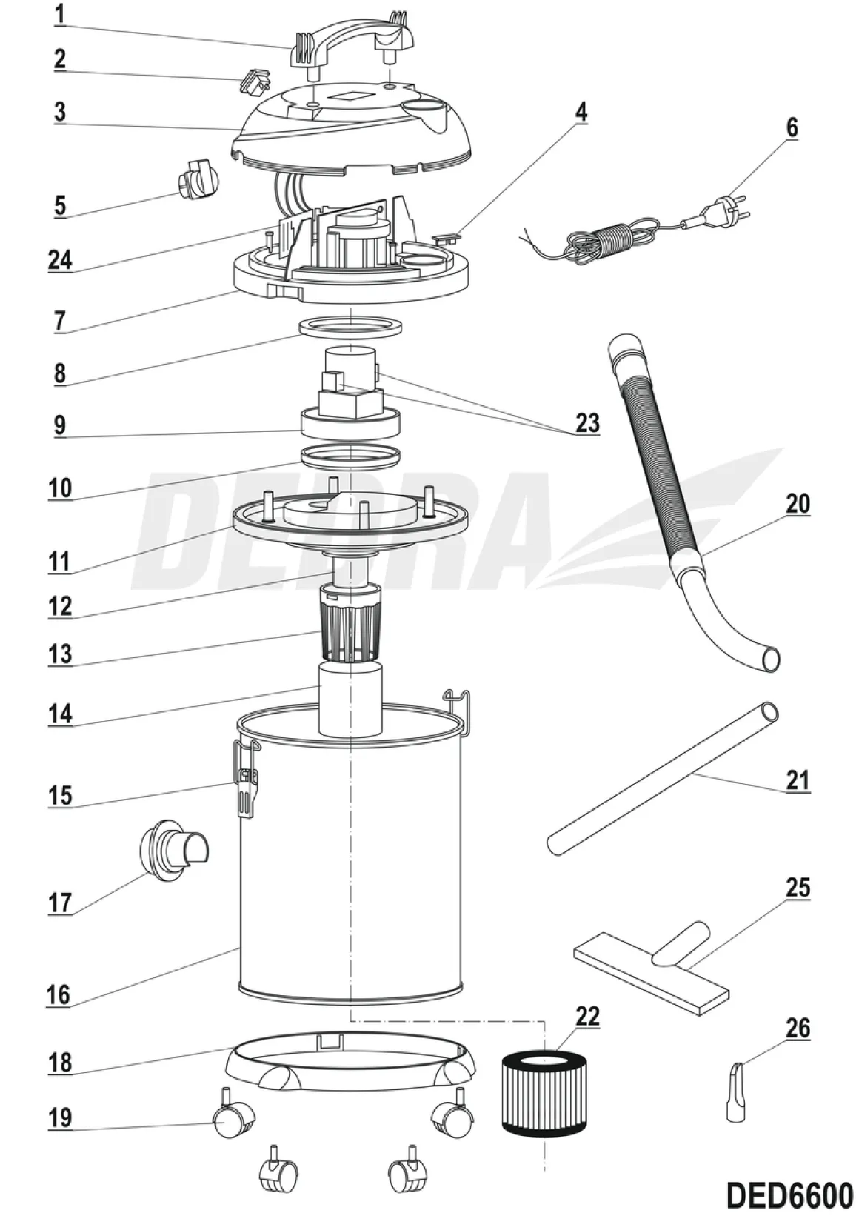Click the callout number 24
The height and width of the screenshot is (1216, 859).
point(60,260)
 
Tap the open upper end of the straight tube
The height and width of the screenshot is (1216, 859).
point(769,712)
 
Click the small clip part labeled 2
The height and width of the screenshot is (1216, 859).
point(255,82)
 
